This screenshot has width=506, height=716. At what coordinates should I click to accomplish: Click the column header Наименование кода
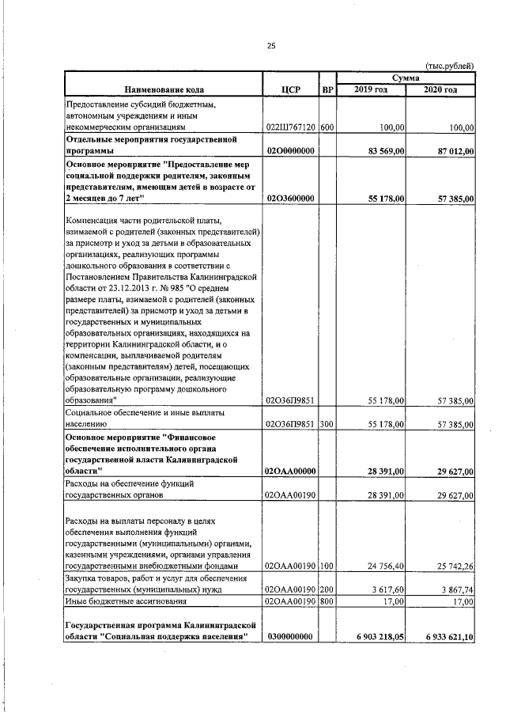(x=163, y=89)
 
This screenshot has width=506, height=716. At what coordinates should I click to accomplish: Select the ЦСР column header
(x=289, y=89)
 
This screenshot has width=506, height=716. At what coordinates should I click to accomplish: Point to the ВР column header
(x=327, y=89)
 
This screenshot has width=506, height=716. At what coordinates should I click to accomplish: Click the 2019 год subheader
(x=371, y=89)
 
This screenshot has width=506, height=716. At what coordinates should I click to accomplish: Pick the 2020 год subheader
(x=440, y=89)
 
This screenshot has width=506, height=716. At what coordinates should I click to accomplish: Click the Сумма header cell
(x=406, y=78)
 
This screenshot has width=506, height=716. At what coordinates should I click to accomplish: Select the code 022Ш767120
(x=290, y=127)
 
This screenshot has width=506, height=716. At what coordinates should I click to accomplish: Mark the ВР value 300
(x=327, y=424)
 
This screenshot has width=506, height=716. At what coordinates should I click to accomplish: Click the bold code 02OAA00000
(x=290, y=472)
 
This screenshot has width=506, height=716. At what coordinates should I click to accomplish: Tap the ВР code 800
(x=327, y=602)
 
